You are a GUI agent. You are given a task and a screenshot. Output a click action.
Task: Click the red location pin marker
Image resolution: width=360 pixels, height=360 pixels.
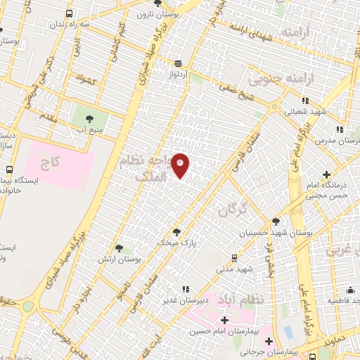pyautogui.click(x=181, y=165)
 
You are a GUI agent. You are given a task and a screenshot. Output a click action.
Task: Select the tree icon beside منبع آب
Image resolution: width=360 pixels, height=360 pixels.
pyautogui.click(x=89, y=119)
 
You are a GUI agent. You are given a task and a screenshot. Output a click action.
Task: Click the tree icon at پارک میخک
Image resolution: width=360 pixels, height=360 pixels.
pyautogui.click(x=176, y=231)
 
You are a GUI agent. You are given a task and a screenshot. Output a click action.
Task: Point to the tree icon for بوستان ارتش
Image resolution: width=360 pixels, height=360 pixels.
pyautogui.click(x=119, y=247)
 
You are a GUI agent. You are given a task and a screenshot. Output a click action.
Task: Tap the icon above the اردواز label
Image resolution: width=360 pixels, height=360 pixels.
pyautogui.click(x=179, y=62)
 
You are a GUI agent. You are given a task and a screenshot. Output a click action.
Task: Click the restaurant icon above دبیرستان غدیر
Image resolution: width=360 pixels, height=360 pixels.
pyautogui.click(x=185, y=288)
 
